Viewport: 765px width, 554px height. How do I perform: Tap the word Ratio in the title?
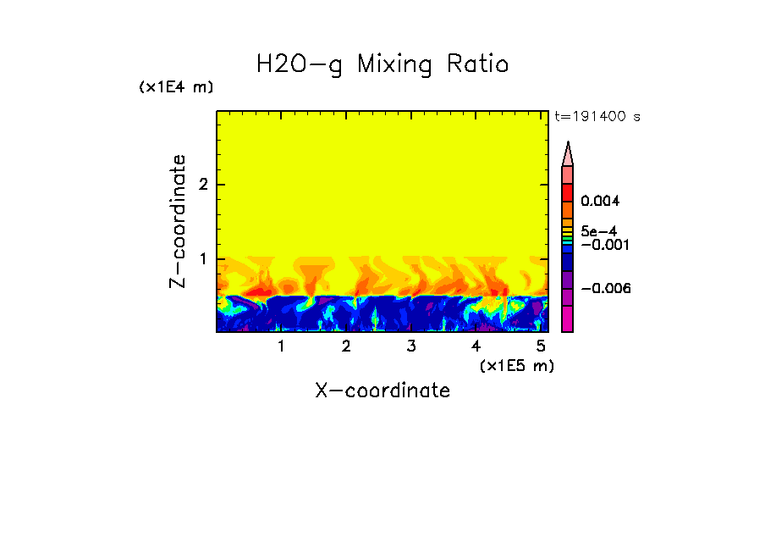(477, 64)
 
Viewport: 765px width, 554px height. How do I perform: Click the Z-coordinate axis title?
(178, 221)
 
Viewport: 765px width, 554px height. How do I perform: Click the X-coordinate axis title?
(382, 391)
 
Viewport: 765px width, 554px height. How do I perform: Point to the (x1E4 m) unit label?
(176, 87)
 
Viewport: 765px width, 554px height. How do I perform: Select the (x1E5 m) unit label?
(516, 365)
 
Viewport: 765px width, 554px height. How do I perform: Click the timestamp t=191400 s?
(597, 116)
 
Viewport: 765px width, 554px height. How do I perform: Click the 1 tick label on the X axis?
(281, 346)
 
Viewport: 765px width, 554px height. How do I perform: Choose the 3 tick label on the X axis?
(410, 346)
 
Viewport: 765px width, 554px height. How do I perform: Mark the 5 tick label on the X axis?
(540, 346)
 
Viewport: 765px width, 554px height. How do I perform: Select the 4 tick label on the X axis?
(476, 346)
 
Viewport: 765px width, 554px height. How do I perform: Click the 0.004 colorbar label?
(600, 202)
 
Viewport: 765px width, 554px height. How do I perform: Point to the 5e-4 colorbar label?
(598, 230)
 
